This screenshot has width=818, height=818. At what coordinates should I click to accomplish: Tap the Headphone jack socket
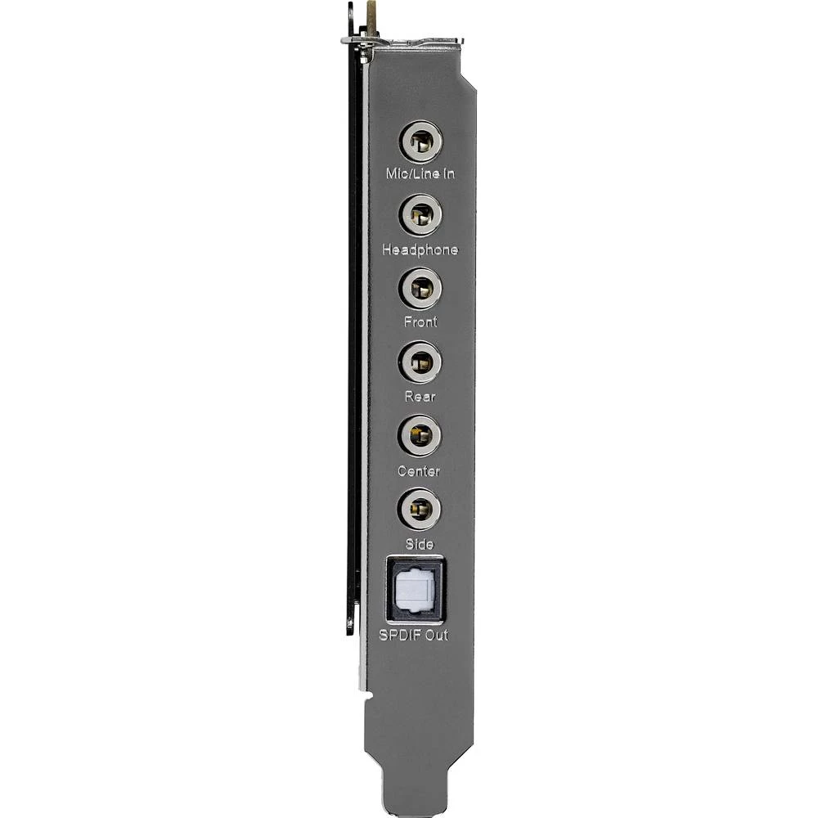[421, 216]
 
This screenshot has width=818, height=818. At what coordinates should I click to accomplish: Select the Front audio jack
[421, 289]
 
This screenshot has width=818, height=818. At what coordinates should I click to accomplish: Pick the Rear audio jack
[420, 362]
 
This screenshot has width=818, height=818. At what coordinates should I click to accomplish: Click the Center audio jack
[420, 435]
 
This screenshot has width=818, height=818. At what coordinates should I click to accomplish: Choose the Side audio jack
[420, 509]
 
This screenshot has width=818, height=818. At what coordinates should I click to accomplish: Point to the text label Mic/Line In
[420, 174]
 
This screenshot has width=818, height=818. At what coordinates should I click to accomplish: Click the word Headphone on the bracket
[420, 249]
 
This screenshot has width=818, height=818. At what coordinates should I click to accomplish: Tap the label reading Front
[420, 322]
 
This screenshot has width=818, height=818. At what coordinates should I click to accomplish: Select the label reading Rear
[420, 397]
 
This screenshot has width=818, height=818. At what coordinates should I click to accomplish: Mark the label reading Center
[419, 471]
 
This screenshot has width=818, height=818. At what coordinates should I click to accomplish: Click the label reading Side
[420, 544]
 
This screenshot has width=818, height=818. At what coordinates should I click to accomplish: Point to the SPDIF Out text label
[413, 635]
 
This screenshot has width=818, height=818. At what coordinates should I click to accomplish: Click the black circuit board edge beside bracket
[353, 327]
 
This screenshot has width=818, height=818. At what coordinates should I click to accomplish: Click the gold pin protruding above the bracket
[374, 15]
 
